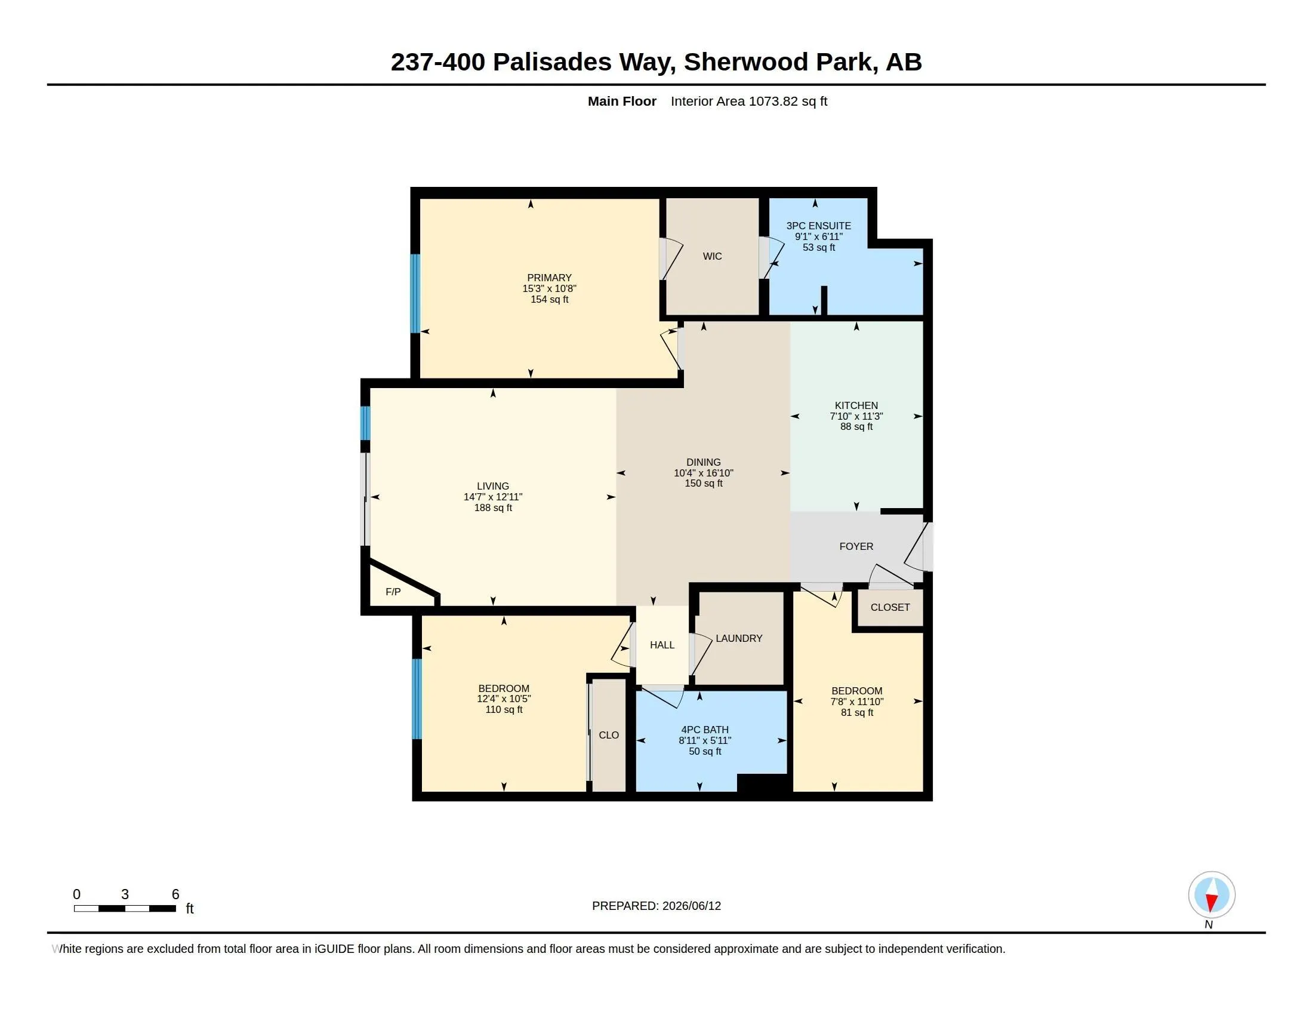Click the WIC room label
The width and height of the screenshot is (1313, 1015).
pos(713,256)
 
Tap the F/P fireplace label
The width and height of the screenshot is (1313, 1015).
pos(393,592)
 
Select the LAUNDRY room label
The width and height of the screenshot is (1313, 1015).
pos(739,638)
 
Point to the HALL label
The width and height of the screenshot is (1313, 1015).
pos(662,645)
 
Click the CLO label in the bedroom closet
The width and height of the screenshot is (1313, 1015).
pos(609,735)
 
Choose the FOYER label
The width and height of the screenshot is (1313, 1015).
pos(856,546)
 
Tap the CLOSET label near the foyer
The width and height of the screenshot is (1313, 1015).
pos(890,607)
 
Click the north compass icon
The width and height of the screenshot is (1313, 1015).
pos(1212,895)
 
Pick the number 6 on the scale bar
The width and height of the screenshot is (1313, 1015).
pos(175,894)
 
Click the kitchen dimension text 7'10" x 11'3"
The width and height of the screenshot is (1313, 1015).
pos(856,416)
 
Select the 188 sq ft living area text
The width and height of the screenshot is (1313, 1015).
pos(493,507)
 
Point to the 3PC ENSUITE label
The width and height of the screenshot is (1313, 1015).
pos(819,226)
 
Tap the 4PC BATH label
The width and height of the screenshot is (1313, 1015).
pos(705,730)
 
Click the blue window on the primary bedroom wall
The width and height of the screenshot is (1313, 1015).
pos(415,293)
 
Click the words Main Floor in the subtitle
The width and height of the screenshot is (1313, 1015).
pos(622,101)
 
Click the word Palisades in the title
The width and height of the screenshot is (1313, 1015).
pos(552,62)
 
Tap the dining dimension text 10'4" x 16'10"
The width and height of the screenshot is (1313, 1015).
pos(704,473)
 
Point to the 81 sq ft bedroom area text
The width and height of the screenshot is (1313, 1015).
pos(856,712)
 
